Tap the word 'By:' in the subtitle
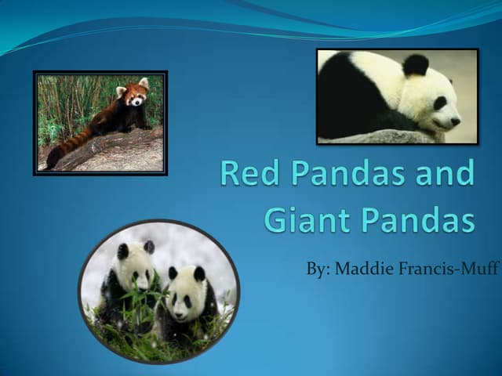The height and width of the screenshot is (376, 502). tap(318, 269)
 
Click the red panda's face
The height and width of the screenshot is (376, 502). tap(136, 96)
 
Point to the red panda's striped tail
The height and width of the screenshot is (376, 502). tap(66, 147)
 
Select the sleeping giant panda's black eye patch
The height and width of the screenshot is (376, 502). tap(440, 103)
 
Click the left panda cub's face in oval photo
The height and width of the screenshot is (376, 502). tap(136, 271)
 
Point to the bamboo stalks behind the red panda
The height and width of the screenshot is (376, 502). tap(71, 102)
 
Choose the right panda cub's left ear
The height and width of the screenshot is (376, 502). tap(173, 273)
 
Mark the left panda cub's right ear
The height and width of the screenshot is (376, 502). tap(149, 248)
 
